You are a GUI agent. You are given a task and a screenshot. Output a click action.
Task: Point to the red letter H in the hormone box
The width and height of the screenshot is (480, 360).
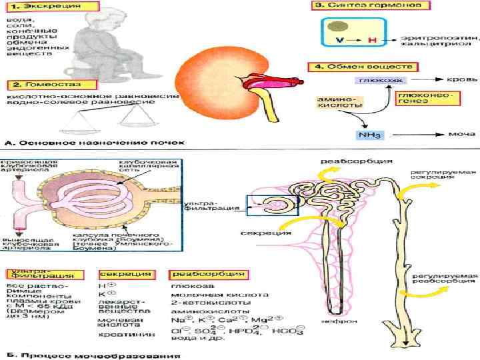pos(372,40)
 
